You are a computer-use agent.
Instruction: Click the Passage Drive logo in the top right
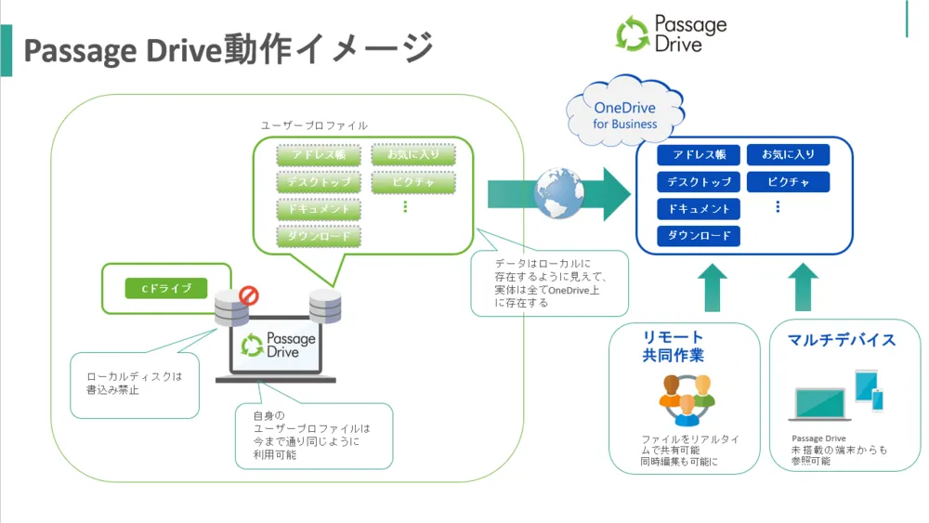coord(671,33)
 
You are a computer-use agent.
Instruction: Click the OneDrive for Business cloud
coord(624,114)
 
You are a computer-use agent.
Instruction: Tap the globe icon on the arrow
coord(558,192)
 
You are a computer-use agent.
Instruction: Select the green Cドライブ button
coord(165,289)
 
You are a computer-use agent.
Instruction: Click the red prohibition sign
coord(249,296)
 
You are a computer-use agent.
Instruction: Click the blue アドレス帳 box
coord(698,155)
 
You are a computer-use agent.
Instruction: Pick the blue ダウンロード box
coord(698,236)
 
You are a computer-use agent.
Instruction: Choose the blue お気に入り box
coord(788,155)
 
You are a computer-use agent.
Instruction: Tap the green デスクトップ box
coord(319,182)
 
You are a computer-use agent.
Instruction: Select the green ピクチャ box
coord(413,182)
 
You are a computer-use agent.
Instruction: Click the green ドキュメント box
coord(319,209)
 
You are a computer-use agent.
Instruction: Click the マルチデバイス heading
coord(842,340)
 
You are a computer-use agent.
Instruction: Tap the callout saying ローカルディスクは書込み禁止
coord(135,384)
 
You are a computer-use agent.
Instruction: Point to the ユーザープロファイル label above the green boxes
coord(313,125)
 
